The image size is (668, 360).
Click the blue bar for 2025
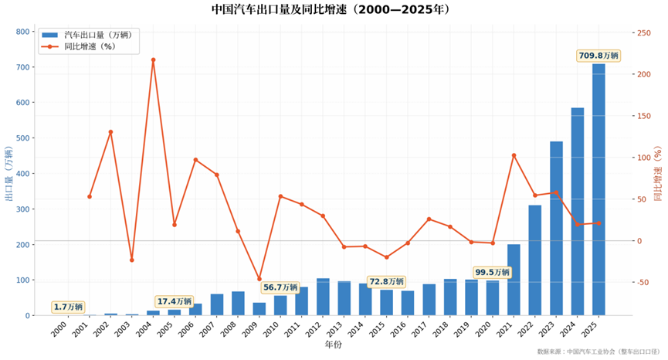(x=598, y=189)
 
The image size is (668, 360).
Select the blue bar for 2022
(x=535, y=260)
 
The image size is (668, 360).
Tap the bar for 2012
(x=323, y=297)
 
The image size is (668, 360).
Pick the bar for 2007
(x=217, y=304)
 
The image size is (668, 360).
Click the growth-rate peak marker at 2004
(x=154, y=60)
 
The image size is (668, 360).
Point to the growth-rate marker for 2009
(x=259, y=279)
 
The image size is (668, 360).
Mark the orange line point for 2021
(x=514, y=155)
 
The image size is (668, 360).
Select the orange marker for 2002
(x=110, y=132)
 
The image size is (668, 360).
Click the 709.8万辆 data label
(x=598, y=56)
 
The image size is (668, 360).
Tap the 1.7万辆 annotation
(x=69, y=307)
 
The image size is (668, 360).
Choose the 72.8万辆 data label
(x=386, y=282)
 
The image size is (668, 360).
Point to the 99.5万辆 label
(x=493, y=272)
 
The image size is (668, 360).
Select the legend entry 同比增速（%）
(x=80, y=46)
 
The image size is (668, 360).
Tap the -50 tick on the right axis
(x=643, y=283)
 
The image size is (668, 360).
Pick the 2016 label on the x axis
(x=398, y=330)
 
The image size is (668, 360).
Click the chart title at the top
(x=331, y=9)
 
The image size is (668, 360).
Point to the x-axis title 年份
(x=333, y=345)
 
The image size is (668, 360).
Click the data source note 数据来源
(x=598, y=352)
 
